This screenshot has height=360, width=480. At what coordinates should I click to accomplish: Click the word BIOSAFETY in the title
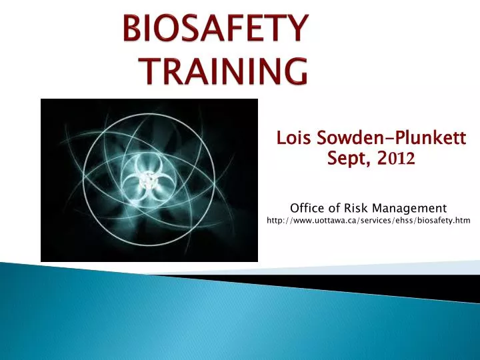click(216, 31)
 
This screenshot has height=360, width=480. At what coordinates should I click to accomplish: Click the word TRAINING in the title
click(226, 70)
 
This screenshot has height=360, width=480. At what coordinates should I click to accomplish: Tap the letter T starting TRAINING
click(155, 70)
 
